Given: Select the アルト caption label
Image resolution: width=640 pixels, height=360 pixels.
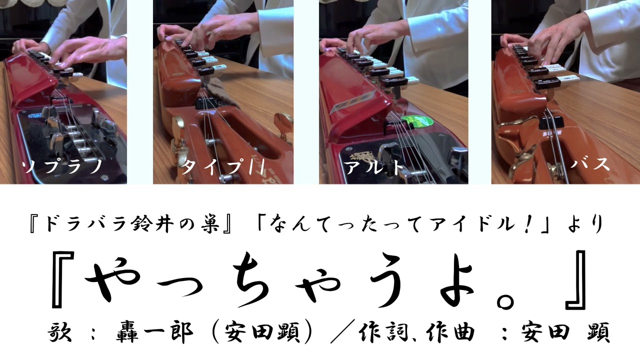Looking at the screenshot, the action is [374, 166].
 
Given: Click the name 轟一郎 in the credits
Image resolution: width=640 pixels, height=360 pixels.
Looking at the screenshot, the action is [154, 333].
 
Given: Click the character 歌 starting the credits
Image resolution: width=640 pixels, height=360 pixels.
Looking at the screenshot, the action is [59, 332].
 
